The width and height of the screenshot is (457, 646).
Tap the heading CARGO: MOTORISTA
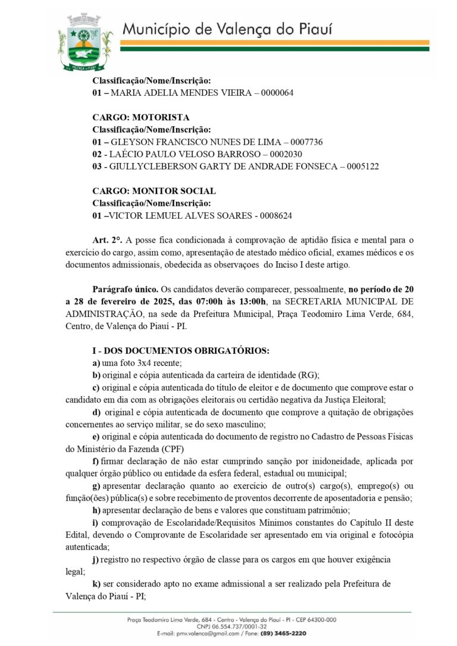click(141, 117)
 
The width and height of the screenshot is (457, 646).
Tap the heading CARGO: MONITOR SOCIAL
click(154, 191)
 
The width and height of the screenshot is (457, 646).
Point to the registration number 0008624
click(273, 215)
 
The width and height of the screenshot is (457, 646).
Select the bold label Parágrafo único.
click(123, 289)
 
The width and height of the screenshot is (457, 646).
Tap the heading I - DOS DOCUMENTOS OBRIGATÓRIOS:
click(181, 351)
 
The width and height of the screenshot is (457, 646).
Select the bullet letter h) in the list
click(96, 510)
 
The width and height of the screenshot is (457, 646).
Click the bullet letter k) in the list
click(96, 584)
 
